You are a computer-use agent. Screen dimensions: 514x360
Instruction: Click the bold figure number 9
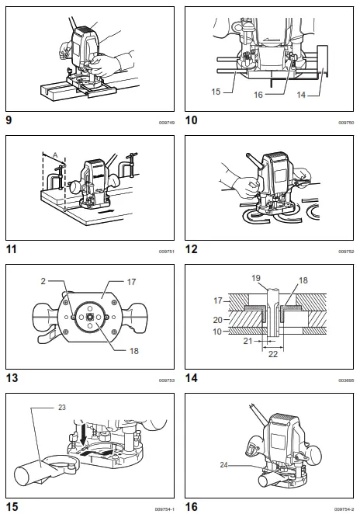pos(9,121)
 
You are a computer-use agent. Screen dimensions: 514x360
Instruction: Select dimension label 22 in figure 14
pos(273,353)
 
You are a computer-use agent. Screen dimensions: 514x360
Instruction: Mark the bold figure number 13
pos(12,379)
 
